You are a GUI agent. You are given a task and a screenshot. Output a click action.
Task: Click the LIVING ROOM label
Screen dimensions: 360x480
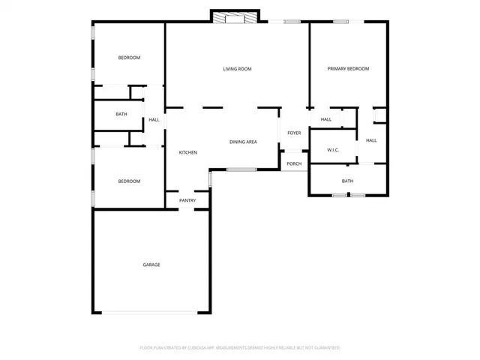pos(237,69)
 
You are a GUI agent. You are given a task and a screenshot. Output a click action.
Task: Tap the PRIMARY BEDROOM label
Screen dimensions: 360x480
pos(348,69)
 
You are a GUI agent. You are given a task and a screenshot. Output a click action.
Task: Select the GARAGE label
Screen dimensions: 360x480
pos(151,265)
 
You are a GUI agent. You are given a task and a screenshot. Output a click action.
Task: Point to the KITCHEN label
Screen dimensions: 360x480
pos(187,153)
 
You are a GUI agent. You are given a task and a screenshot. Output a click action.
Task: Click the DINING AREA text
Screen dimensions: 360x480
pos(243,141)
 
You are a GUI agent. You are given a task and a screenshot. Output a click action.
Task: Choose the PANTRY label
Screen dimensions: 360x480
pos(187,200)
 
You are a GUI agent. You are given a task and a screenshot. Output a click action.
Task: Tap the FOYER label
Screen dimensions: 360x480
pos(294,133)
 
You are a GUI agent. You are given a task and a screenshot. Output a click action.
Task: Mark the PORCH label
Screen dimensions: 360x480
pos(294,163)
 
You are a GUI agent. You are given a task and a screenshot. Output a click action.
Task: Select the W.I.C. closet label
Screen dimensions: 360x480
pos(333,150)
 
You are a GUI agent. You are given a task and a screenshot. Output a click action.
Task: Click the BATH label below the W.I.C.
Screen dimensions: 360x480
pos(347,181)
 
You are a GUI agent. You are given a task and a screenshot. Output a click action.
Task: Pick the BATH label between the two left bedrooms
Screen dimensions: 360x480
pos(121,114)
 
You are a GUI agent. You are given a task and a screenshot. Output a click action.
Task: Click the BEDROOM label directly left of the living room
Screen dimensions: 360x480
pos(129,58)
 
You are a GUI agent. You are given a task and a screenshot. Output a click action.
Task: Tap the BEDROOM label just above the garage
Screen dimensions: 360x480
pos(129,181)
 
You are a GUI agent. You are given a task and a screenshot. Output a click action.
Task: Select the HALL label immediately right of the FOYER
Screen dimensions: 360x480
pos(325,119)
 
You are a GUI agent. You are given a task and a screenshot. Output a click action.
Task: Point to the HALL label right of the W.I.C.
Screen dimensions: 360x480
pos(371,140)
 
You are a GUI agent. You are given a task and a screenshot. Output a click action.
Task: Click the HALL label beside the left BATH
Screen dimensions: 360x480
pos(154,120)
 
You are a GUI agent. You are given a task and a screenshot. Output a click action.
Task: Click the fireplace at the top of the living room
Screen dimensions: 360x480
pos(235,18)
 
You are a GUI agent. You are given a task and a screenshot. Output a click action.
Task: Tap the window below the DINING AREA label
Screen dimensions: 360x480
pos(241,169)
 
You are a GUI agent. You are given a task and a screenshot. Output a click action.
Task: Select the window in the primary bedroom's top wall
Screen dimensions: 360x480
pos(341,22)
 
